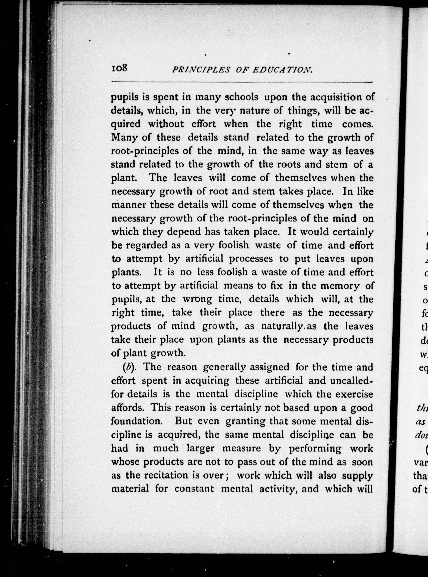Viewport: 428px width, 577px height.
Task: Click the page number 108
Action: [119, 68]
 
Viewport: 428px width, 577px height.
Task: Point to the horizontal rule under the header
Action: [241, 82]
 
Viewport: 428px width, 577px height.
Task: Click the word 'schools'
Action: [241, 97]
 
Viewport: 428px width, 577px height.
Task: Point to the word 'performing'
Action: [315, 448]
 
